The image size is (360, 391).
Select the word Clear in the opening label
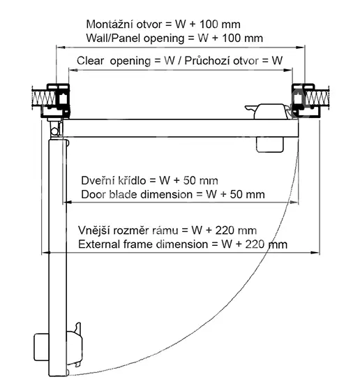[90, 61]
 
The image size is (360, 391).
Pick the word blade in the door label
[123, 195]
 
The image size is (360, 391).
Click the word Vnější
[93, 230]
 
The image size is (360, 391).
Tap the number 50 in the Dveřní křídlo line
[190, 181]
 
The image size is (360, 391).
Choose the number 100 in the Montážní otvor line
[209, 24]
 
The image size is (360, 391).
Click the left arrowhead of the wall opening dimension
[61, 47]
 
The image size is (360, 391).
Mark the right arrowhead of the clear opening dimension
[288, 70]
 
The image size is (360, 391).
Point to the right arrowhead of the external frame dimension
[315, 253]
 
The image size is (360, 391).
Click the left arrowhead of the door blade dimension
[68, 202]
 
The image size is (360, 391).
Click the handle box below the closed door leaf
[270, 145]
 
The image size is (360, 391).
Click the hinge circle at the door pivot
[55, 131]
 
